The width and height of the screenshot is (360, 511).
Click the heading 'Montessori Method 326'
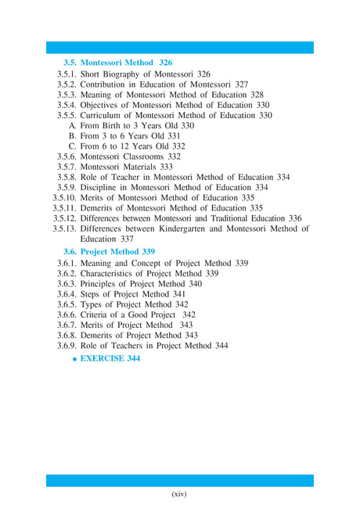tap(127, 62)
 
